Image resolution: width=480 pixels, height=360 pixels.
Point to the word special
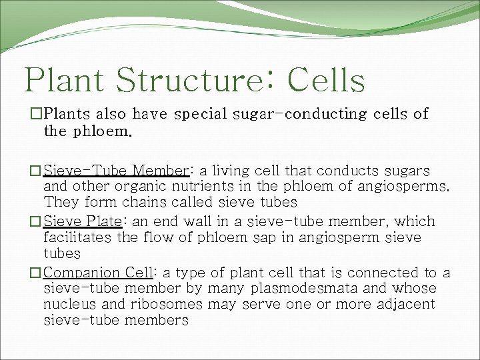201,115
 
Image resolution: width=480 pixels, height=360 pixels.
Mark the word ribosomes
169,305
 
